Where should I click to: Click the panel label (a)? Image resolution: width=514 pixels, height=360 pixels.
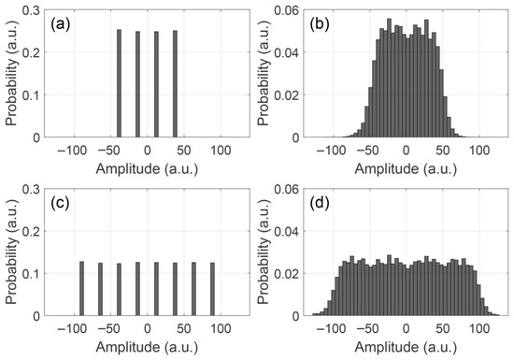pyautogui.click(x=61, y=25)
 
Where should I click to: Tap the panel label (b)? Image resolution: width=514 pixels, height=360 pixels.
pyautogui.click(x=320, y=25)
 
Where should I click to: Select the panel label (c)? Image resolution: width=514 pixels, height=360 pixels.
pyautogui.click(x=61, y=203)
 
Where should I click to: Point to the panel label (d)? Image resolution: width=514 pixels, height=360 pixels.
pyautogui.click(x=320, y=203)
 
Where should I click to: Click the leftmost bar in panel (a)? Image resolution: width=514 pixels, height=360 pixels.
pyautogui.click(x=119, y=83)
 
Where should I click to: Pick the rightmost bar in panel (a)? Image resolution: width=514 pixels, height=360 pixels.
pyautogui.click(x=175, y=84)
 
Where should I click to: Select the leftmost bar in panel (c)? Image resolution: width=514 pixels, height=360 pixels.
pyautogui.click(x=81, y=289)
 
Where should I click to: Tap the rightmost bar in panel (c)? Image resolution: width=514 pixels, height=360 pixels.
pyautogui.click(x=212, y=289)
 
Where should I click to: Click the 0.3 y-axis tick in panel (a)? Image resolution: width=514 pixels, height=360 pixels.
pyautogui.click(x=31, y=11)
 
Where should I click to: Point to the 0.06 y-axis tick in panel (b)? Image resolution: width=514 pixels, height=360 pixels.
pyautogui.click(x=287, y=11)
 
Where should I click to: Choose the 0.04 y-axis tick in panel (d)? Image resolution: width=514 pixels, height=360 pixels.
pyautogui.click(x=287, y=232)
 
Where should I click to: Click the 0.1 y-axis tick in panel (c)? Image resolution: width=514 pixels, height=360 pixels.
pyautogui.click(x=31, y=274)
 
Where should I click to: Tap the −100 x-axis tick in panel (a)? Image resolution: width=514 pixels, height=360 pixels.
pyautogui.click(x=72, y=151)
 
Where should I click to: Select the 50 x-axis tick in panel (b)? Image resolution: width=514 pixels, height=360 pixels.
pyautogui.click(x=443, y=151)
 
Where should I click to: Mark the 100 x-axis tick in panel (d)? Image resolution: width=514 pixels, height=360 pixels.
pyautogui.click(x=479, y=329)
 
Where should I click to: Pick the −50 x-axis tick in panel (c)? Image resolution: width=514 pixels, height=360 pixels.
pyautogui.click(x=108, y=329)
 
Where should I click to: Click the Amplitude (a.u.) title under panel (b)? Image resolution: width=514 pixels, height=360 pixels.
pyautogui.click(x=406, y=169)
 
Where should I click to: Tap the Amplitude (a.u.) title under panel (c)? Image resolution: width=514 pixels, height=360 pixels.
pyautogui.click(x=147, y=347)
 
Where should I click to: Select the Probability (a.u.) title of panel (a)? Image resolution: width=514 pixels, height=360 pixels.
pyautogui.click(x=11, y=74)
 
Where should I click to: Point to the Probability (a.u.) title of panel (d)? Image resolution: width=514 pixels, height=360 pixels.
pyautogui.click(x=264, y=252)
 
